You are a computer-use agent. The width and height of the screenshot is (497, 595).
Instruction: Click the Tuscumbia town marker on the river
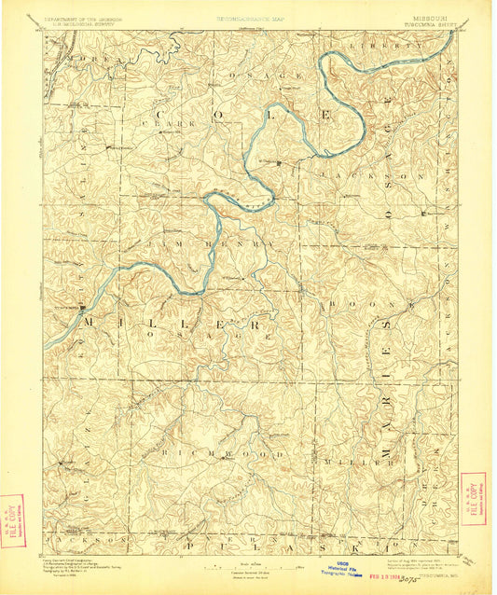click(x=83, y=305)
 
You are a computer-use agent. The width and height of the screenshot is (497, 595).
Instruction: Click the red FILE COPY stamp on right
click(x=473, y=498)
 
